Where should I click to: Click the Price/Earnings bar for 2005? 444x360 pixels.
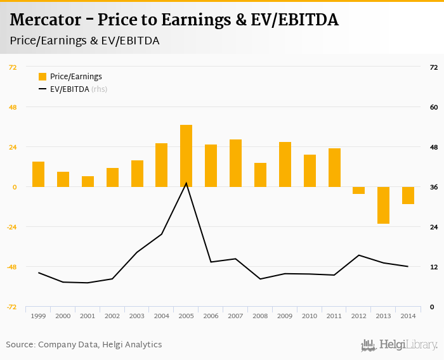tap(186, 156)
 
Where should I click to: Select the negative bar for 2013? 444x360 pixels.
tap(383, 205)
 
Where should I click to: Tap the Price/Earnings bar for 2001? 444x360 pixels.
tap(88, 181)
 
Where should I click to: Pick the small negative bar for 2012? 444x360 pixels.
tap(359, 190)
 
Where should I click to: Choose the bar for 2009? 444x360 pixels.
tap(285, 164)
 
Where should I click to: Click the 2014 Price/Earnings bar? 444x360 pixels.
tap(408, 195)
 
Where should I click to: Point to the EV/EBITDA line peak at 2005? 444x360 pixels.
tap(186, 183)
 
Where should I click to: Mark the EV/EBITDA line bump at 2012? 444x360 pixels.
tap(359, 255)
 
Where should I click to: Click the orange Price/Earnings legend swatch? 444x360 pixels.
tap(42, 77)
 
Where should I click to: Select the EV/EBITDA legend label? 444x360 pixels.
tap(69, 89)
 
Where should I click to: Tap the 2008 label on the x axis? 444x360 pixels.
tap(260, 316)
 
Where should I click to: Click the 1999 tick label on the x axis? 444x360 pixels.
tap(38, 316)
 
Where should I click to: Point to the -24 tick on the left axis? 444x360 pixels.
tap(12, 227)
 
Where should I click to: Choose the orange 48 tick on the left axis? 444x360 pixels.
tap(12, 107)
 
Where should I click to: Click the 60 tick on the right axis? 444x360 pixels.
tap(434, 107)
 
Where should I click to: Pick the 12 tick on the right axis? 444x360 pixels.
tap(434, 267)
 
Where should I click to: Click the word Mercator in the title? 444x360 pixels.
tap(44, 20)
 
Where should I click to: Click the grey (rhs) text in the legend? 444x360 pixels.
tap(99, 89)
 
